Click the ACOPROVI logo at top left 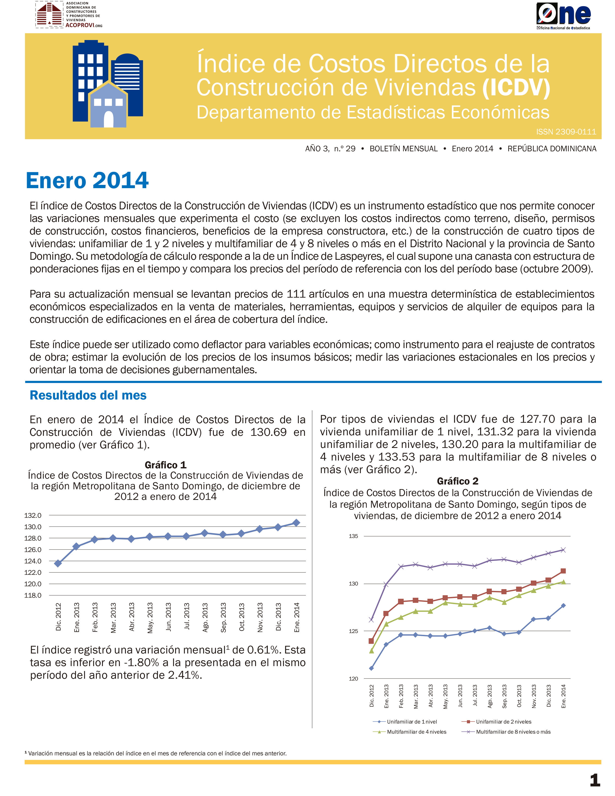(x=69, y=15)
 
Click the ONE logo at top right (x=563, y=16)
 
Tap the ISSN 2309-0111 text (x=566, y=132)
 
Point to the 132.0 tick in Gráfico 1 (x=33, y=515)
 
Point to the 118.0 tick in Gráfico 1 (x=33, y=595)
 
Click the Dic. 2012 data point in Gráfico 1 (x=58, y=563)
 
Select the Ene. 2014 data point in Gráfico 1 (x=296, y=523)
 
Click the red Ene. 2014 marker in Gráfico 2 (x=563, y=571)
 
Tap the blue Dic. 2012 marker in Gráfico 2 (x=371, y=668)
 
